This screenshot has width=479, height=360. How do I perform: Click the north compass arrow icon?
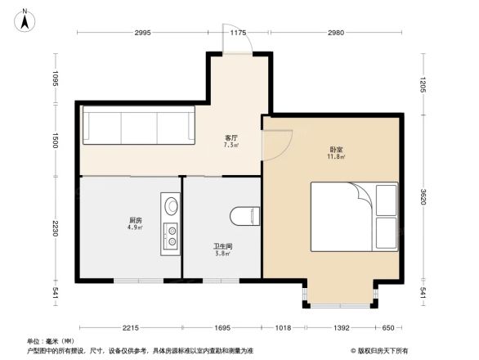pos(25,19)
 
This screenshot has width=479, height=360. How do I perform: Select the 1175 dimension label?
pos(238,33)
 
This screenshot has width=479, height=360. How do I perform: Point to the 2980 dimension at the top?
pos(335,33)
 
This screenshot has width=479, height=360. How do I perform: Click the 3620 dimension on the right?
pos(424,197)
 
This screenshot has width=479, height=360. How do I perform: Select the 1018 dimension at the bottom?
pos(283,328)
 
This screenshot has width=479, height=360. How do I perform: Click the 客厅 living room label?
pos(231,140)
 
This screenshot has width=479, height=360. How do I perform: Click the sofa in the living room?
pos(139,125)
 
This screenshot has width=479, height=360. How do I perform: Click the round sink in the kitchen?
pos(171,205)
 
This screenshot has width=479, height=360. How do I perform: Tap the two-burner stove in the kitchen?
pos(171,235)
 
